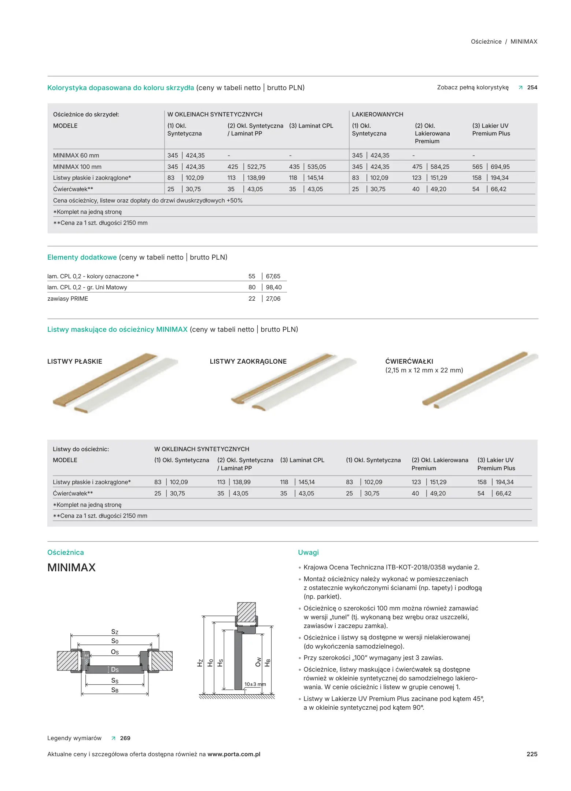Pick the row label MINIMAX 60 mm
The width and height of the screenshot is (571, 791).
click(76, 155)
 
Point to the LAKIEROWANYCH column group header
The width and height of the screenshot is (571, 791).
click(377, 114)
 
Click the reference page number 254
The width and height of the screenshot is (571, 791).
click(532, 88)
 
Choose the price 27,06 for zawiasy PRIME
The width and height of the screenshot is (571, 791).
click(273, 298)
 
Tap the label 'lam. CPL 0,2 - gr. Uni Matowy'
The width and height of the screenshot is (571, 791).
click(87, 287)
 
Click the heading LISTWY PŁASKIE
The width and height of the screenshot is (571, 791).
click(75, 361)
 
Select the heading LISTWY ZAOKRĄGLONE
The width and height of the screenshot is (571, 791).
click(248, 361)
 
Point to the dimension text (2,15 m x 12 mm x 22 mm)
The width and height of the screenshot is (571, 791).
click(424, 370)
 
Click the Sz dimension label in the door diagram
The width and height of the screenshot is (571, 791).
click(115, 632)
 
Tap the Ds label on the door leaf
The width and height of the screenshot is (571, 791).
click(115, 670)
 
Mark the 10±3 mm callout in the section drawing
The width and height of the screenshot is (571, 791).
click(255, 684)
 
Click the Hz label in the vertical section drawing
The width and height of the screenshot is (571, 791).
click(200, 663)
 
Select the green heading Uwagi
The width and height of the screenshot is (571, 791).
click(308, 552)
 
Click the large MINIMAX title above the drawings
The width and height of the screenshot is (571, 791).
click(71, 568)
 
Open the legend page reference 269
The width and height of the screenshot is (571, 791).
click(125, 738)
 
